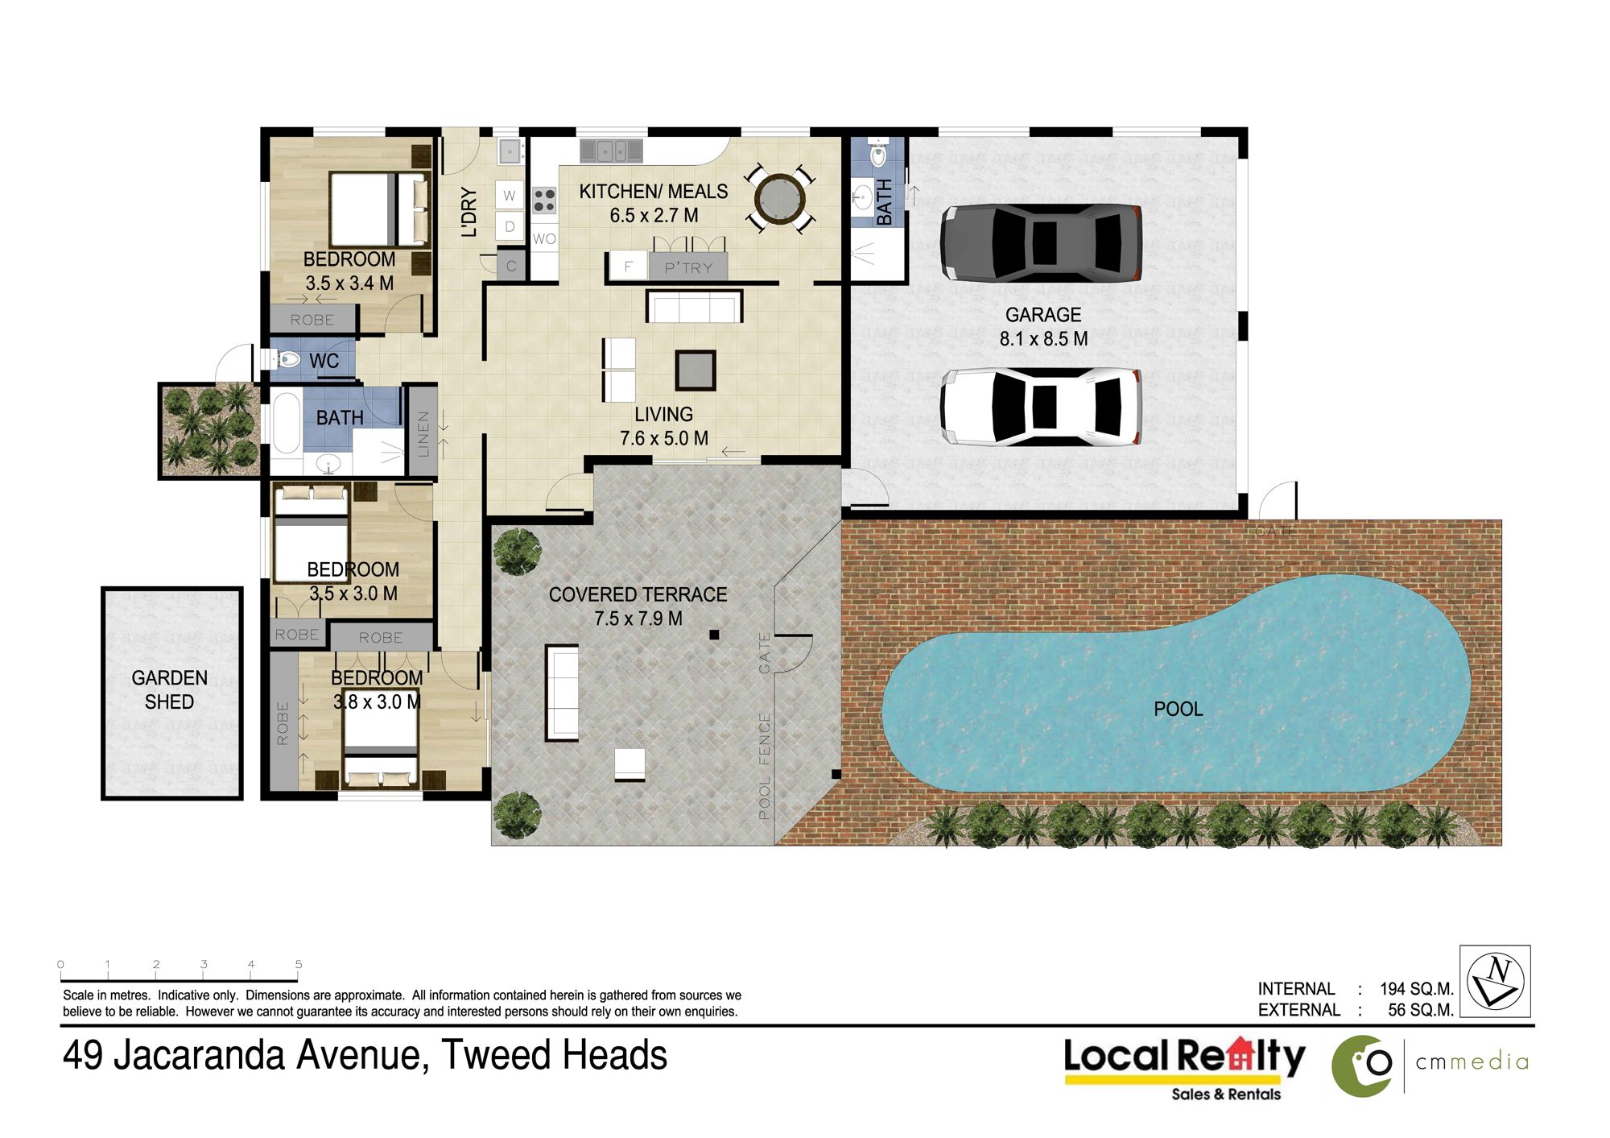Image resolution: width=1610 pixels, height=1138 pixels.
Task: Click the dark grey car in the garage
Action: point(1041,242)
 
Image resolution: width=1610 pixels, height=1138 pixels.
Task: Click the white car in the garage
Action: point(1041,407)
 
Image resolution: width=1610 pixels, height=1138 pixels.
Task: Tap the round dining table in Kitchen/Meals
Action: point(780,198)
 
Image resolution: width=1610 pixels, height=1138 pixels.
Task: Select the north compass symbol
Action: point(1495,981)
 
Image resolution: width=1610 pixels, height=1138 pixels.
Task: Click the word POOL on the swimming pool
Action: point(1179,710)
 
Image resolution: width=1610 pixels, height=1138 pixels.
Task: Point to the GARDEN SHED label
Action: point(170,690)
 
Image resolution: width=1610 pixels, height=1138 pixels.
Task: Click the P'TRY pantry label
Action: point(689,268)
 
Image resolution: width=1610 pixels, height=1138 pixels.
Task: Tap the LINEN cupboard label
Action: point(423,434)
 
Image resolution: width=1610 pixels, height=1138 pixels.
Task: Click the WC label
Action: point(324,361)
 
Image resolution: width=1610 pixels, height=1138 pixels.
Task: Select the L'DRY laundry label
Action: point(469,213)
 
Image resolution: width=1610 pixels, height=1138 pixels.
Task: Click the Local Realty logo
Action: point(1184,1068)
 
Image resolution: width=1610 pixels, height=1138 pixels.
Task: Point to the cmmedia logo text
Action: point(1472,1062)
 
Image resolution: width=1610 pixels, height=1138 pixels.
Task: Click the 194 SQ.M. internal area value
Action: point(1417,989)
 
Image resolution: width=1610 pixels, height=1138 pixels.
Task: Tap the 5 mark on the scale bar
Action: point(299,964)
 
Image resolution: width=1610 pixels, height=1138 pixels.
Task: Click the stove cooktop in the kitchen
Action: point(544,200)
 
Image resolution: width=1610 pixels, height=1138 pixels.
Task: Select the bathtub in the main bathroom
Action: point(286,422)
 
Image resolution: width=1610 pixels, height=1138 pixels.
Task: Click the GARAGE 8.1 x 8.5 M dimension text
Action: point(1043,339)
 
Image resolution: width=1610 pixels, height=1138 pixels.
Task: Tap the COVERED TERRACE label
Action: point(638,594)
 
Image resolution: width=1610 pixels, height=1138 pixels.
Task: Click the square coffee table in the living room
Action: point(696,370)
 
